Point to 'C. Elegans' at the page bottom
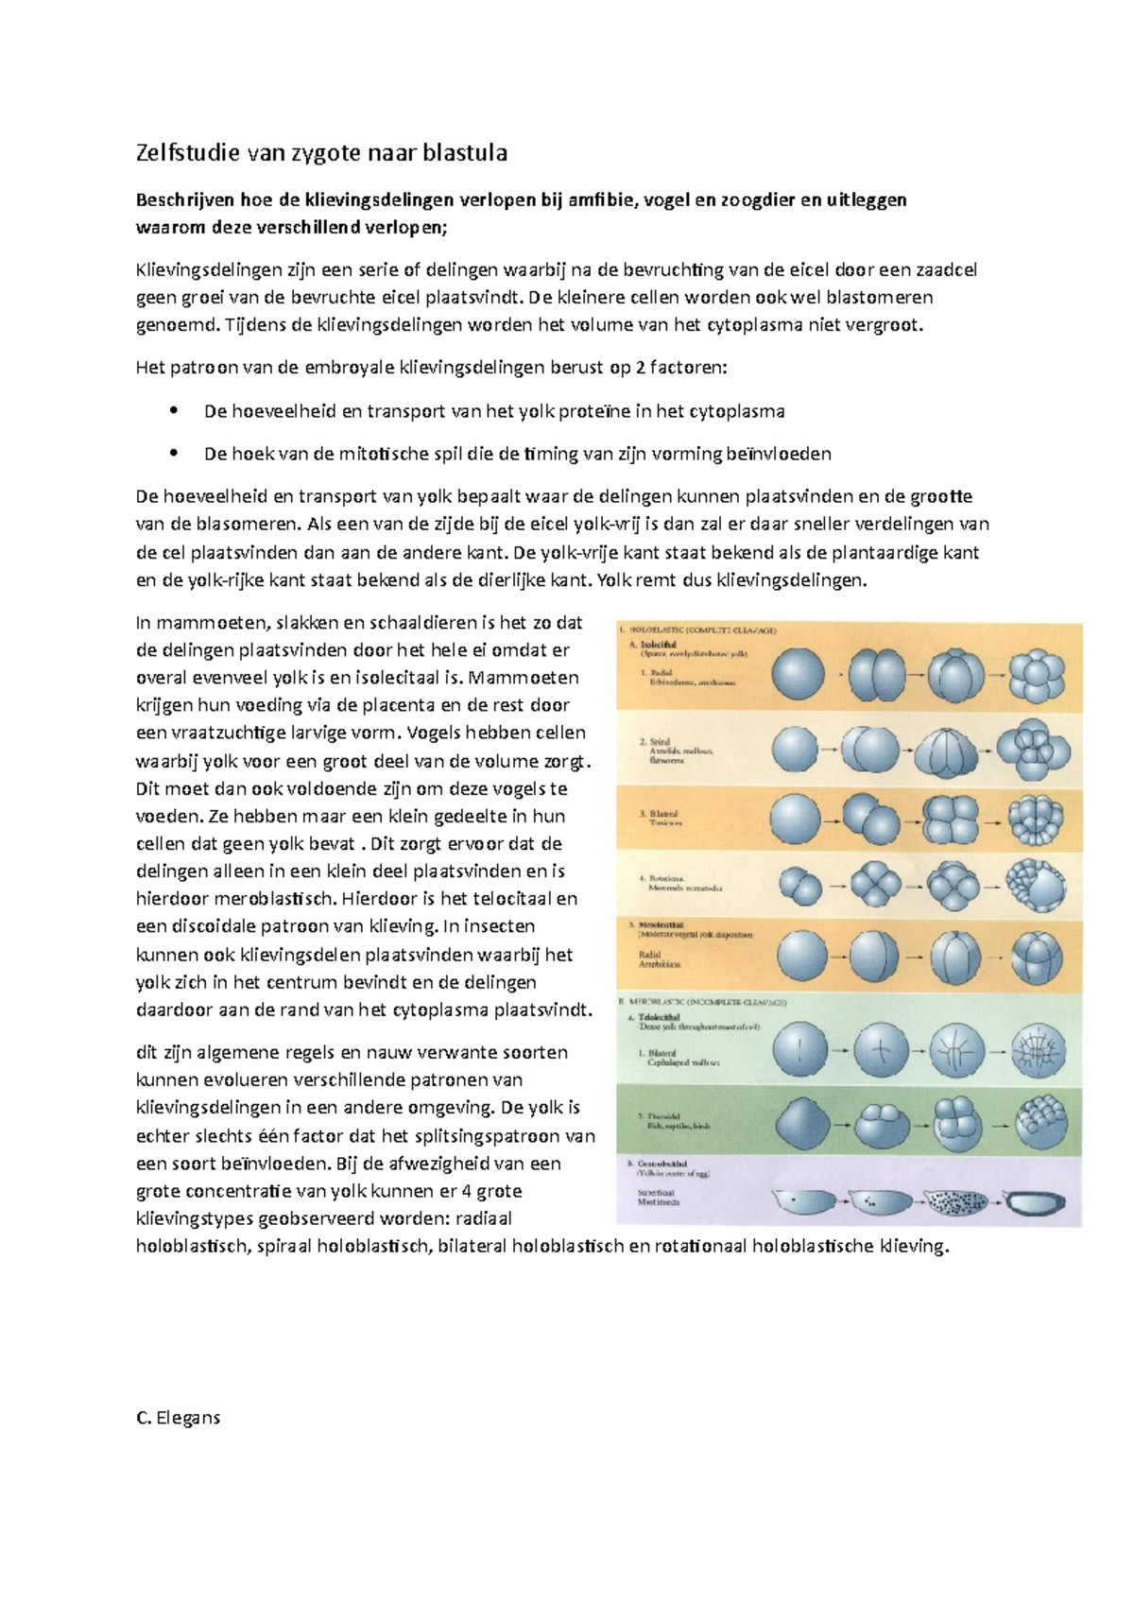pos(179,1417)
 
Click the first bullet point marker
pos(172,411)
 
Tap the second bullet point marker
pos(172,454)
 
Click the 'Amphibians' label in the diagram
pos(661,965)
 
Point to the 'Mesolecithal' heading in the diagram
pos(662,925)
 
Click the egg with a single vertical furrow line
pos(799,1050)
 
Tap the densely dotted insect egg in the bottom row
pos(955,1201)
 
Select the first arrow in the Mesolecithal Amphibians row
pos(839,958)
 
